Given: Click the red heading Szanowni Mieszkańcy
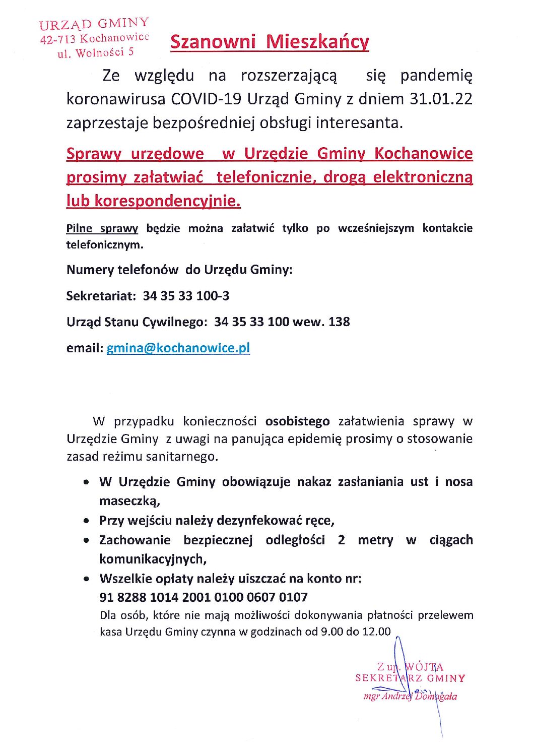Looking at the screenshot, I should tap(270, 42).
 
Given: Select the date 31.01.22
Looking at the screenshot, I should tap(441, 99).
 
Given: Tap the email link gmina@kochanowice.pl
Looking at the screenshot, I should tap(178, 348).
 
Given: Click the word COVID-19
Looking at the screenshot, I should tap(206, 99).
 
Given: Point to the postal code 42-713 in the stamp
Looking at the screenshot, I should tap(58, 39).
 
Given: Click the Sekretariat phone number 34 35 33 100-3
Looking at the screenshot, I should tap(186, 296).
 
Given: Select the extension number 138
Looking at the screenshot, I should tap(339, 322).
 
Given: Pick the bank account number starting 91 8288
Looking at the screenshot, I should tap(204, 597).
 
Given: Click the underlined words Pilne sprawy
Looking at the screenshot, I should tap(102, 228).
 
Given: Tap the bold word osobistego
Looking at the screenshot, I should tap(298, 421).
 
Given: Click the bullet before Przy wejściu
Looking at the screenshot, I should tap(88, 521).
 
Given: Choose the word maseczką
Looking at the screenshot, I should tap(129, 501).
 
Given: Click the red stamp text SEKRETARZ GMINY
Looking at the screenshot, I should tap(410, 678).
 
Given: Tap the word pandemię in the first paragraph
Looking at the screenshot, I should tap(436, 76).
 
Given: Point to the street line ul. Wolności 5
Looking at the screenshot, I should tap(96, 52).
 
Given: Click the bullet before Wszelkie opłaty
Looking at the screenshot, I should tap(88, 579).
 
